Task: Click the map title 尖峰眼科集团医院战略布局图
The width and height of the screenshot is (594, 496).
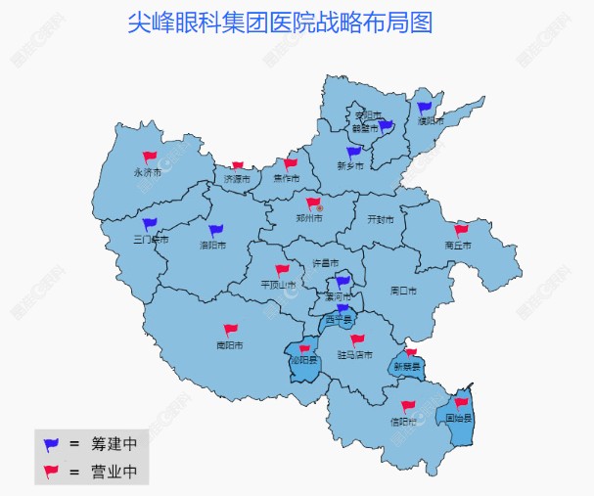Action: tap(280, 23)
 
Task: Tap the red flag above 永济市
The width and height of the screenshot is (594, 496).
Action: tap(150, 157)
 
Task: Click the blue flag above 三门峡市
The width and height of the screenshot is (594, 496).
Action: tap(149, 224)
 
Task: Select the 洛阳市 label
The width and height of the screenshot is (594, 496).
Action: tap(212, 245)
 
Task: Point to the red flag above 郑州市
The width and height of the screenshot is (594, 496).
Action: tap(313, 203)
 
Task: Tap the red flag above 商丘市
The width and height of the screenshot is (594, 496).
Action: tap(461, 231)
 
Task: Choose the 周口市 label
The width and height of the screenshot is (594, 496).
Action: tap(403, 291)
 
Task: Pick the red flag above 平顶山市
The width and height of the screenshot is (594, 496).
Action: tap(282, 270)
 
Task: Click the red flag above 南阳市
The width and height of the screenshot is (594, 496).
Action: tap(230, 330)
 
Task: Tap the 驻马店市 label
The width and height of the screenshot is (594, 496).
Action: tap(354, 355)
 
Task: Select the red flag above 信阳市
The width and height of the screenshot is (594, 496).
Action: tap(407, 406)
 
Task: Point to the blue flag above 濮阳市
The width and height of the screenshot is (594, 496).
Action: tap(425, 108)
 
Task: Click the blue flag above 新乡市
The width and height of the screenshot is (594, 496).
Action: tap(353, 152)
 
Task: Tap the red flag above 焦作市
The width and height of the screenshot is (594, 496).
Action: tap(290, 163)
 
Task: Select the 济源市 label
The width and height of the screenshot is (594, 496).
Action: tap(237, 180)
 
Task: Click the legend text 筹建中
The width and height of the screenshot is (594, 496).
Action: tap(114, 443)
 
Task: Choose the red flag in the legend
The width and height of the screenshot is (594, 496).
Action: tap(51, 472)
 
